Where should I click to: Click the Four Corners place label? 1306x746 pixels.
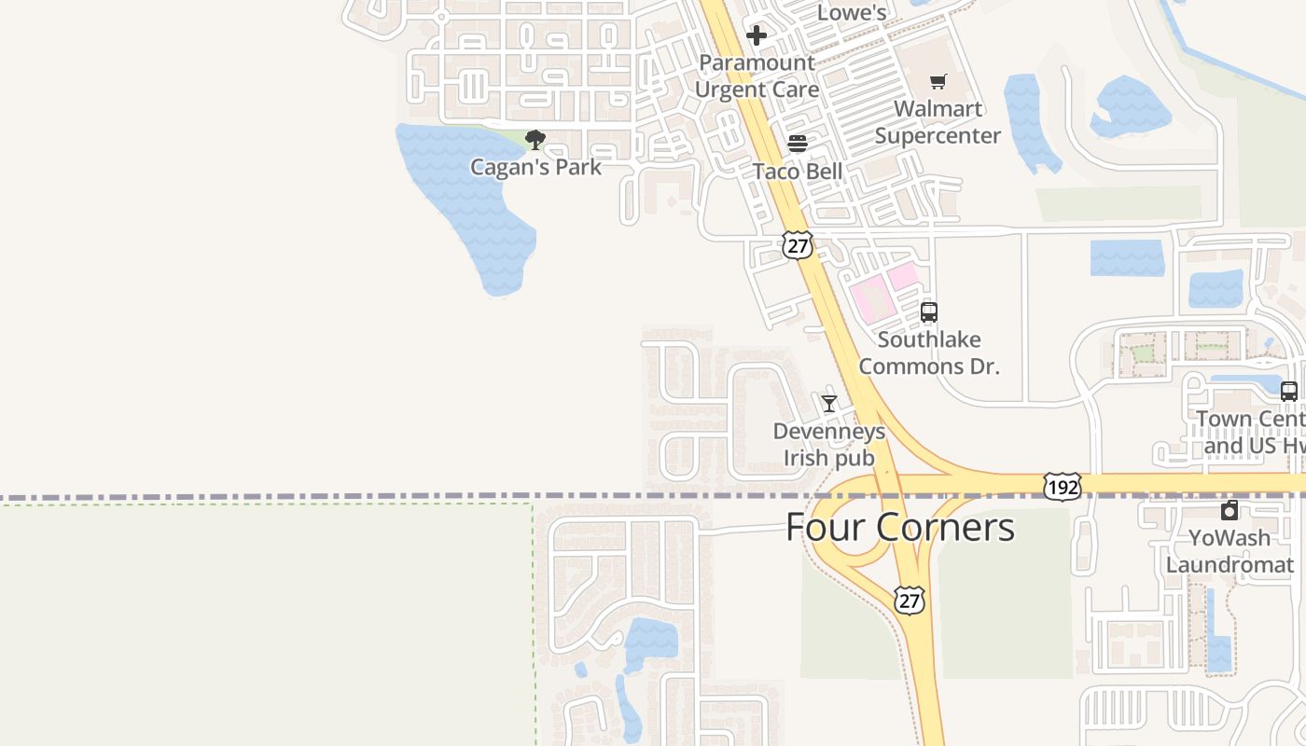(x=899, y=527)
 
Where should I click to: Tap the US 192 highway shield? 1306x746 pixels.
(x=1063, y=486)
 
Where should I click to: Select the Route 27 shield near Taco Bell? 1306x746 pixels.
(x=797, y=245)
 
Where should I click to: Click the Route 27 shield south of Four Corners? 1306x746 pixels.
(x=909, y=600)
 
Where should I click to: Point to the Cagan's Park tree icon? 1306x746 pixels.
(x=535, y=141)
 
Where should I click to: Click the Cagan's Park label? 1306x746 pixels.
(x=535, y=168)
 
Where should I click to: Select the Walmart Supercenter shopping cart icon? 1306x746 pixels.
(x=938, y=82)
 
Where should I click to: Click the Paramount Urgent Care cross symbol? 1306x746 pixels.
(x=756, y=36)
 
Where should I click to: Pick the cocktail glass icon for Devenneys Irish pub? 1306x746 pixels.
(x=828, y=404)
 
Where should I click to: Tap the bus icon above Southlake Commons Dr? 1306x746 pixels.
(x=928, y=312)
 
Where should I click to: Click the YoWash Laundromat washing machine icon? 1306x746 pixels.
(x=1230, y=510)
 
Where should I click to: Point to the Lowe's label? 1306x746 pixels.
(x=851, y=12)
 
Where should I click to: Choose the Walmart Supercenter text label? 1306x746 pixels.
(x=938, y=122)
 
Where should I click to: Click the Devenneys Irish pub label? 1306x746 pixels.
(x=828, y=445)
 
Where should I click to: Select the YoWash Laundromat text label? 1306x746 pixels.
(x=1230, y=551)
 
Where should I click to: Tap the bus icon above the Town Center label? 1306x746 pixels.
(x=1289, y=392)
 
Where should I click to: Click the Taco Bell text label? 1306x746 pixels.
(x=798, y=172)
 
